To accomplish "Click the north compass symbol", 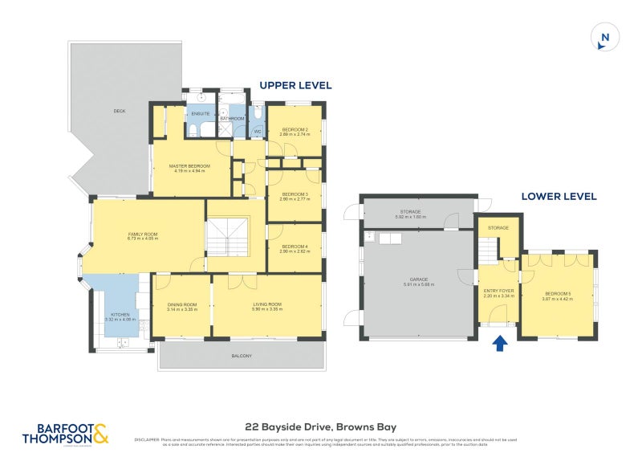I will (x=604, y=38).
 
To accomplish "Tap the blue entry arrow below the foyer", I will (x=499, y=344).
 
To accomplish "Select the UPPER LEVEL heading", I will (x=295, y=85).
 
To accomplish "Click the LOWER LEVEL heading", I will (x=559, y=196).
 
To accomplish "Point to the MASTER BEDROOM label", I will (x=189, y=166).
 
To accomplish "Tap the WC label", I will (x=258, y=132).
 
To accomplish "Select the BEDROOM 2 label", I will (x=294, y=129).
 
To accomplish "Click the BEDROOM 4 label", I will (x=294, y=247).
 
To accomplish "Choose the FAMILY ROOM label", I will (x=143, y=234).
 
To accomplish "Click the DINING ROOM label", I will (x=182, y=304).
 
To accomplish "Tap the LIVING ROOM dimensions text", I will (x=267, y=309).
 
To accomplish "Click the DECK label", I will (x=120, y=111).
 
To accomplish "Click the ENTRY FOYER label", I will (x=498, y=291).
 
